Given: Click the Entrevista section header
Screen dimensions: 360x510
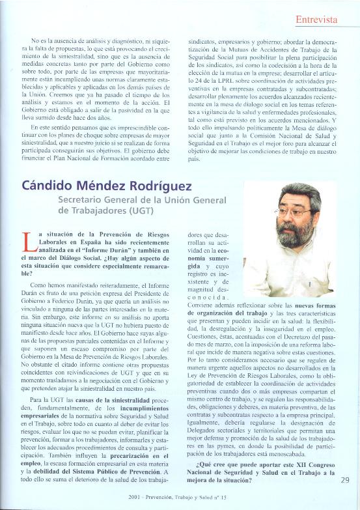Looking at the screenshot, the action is [316, 20].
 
